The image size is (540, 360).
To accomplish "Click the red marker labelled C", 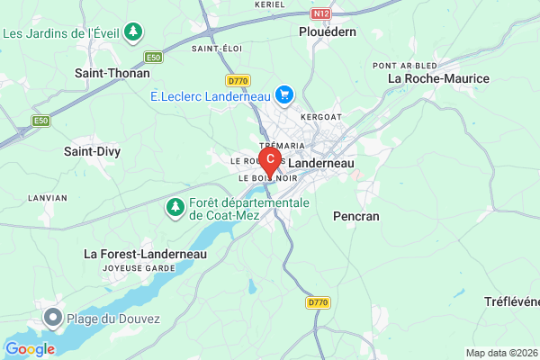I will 269,159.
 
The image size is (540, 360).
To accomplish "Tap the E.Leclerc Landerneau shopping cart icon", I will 285,94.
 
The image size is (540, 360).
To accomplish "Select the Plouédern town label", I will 328,31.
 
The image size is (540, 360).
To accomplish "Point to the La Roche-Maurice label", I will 438,78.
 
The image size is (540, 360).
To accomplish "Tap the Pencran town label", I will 356,216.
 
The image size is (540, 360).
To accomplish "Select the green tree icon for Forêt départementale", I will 175,209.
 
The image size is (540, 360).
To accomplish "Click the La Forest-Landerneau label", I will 146,254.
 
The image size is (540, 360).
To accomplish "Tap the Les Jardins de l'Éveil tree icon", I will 133,33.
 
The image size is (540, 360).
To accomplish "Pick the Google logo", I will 30,349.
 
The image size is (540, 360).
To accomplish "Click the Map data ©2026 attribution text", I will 500,352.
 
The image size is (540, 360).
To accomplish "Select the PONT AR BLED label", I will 406,65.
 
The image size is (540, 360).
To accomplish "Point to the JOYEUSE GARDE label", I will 139,268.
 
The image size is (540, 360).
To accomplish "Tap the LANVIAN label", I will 47,197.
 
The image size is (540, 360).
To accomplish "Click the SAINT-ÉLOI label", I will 214,48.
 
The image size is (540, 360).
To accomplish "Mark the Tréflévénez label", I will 511,301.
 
